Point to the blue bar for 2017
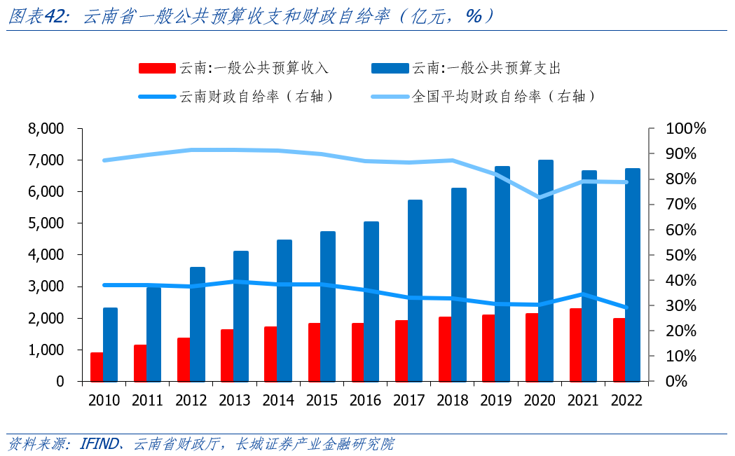[415, 290]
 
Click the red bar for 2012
[184, 359]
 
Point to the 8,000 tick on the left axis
[46, 129]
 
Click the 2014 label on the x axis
[278, 401]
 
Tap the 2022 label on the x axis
[626, 401]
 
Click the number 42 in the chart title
[55, 16]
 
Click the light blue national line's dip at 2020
[539, 197]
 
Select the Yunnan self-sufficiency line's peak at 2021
[582, 294]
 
